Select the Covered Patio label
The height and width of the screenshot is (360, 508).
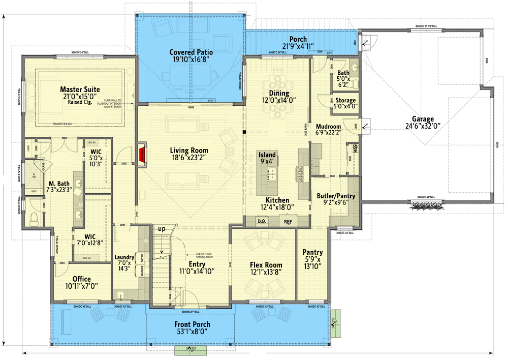191,52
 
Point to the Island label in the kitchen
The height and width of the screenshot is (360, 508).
267,155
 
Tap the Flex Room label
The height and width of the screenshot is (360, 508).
266,265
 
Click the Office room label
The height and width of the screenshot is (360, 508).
81,279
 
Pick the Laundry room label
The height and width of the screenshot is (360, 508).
124,257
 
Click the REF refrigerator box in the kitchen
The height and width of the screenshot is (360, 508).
288,222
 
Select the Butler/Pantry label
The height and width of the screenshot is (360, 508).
336,196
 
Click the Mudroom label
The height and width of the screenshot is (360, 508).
328,126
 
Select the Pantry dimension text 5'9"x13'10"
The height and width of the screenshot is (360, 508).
312,263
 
